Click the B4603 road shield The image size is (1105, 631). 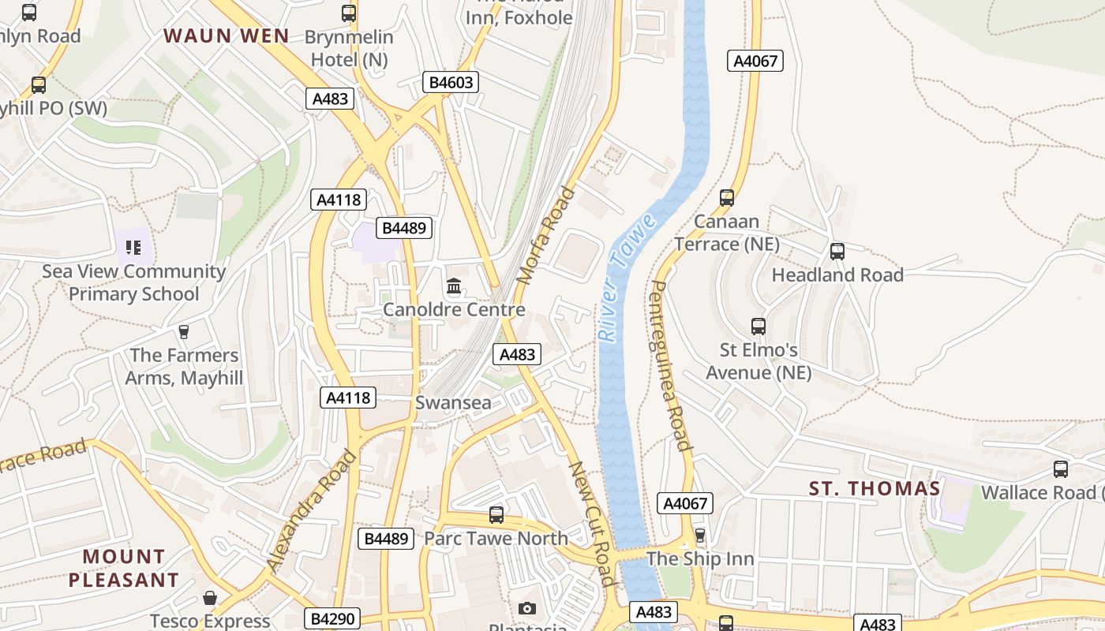tap(451, 82)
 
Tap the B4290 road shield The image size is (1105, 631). tap(333, 618)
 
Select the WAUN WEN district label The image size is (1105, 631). tap(227, 35)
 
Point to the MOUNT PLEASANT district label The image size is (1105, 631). tap(124, 568)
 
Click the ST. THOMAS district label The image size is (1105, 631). tap(875, 489)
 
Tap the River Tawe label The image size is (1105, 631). tap(627, 277)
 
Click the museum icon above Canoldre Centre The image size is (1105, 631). tap(454, 286)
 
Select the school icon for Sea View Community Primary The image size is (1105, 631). tap(133, 248)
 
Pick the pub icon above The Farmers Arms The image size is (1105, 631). tap(184, 331)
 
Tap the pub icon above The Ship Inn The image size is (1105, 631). tap(700, 536)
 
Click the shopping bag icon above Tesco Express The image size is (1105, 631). tap(210, 598)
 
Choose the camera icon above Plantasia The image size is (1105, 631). tap(527, 608)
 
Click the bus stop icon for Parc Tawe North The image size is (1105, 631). tap(496, 515)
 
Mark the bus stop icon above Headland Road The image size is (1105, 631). tap(837, 252)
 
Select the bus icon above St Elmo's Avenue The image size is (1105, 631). tap(758, 326)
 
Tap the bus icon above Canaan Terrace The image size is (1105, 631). tap(727, 198)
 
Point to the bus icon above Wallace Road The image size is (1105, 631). tap(1061, 469)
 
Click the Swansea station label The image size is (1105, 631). tap(453, 402)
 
